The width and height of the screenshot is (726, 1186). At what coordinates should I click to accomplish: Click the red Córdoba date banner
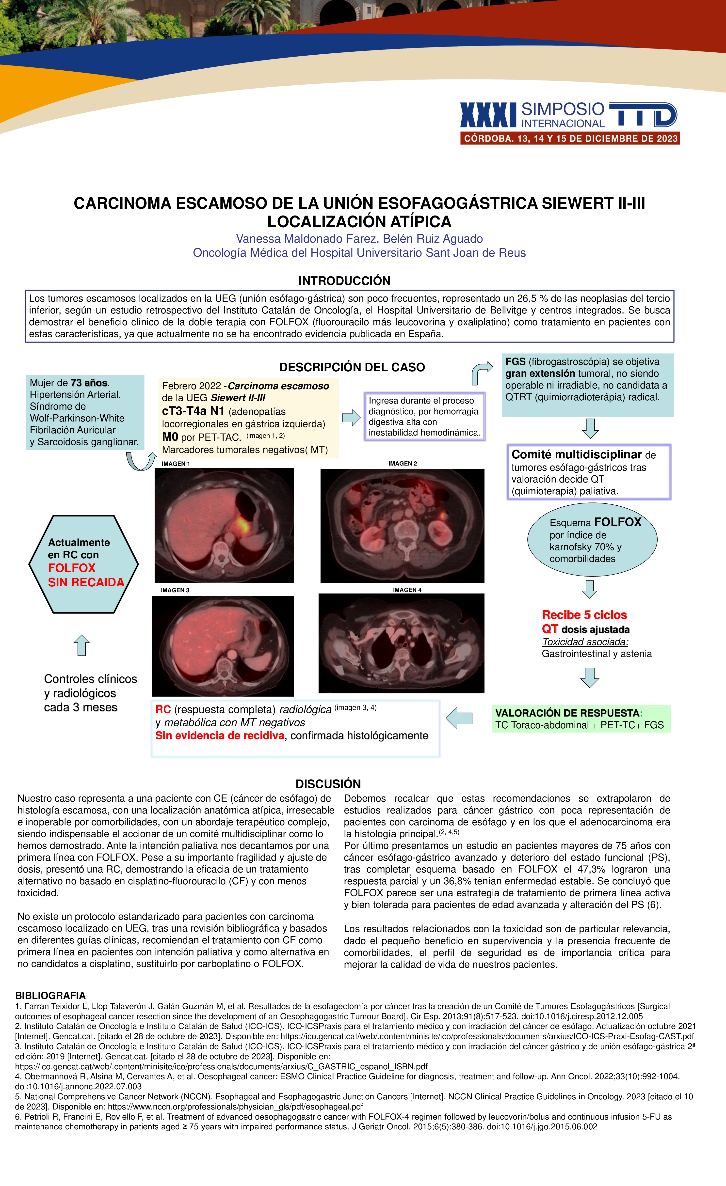(570, 139)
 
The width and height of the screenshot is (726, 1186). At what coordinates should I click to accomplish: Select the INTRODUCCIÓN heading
(344, 281)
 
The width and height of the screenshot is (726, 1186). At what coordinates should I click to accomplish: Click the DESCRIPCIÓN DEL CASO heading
(352, 367)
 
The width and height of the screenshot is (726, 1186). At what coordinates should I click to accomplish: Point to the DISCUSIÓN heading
(328, 784)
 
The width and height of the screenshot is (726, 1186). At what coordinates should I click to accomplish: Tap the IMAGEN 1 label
(176, 464)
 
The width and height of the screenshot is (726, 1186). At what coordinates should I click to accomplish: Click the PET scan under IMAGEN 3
(222, 645)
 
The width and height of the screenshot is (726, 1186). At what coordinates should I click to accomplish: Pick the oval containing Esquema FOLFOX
(592, 540)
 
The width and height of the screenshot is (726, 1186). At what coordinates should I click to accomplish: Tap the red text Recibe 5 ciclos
(584, 615)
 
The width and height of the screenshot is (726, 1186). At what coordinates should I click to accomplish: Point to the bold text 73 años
(89, 383)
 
